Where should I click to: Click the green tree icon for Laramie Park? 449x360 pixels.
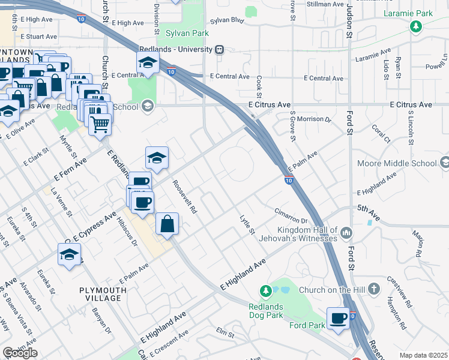click(x=415, y=26)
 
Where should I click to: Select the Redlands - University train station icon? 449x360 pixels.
click(x=220, y=50)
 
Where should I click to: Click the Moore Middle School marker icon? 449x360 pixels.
click(x=444, y=163)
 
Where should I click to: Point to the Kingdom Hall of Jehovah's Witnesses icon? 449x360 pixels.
click(x=346, y=232)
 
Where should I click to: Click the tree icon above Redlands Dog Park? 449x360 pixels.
click(x=265, y=291)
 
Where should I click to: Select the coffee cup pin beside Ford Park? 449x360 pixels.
click(x=339, y=318)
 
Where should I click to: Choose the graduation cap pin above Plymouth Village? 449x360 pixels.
click(x=69, y=254)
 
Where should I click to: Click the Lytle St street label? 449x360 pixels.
click(x=247, y=224)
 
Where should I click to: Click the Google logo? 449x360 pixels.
click(x=20, y=353)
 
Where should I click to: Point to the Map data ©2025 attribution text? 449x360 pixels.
click(x=423, y=355)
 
